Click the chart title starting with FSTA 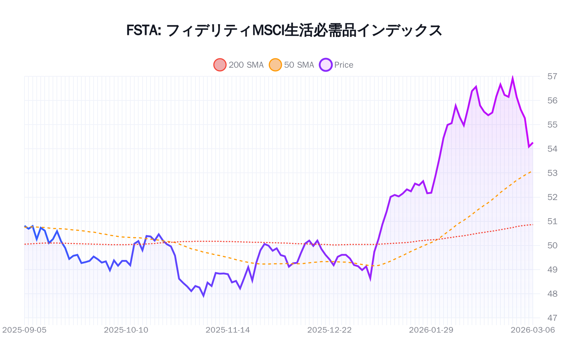[284, 30]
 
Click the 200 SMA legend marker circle [220, 65]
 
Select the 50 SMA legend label [299, 65]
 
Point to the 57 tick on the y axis [552, 76]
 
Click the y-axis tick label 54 [552, 149]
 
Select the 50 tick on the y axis [552, 246]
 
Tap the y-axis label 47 [552, 318]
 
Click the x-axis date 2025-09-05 [24, 330]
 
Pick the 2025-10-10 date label [126, 330]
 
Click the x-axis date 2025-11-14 [228, 330]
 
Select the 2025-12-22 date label [329, 330]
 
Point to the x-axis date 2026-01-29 [431, 330]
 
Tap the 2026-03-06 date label [533, 330]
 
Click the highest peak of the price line [513, 77]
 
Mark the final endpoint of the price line [533, 143]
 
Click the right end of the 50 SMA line [532, 171]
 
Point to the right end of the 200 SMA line [532, 225]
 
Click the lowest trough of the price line [204, 296]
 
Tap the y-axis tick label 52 [552, 197]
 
